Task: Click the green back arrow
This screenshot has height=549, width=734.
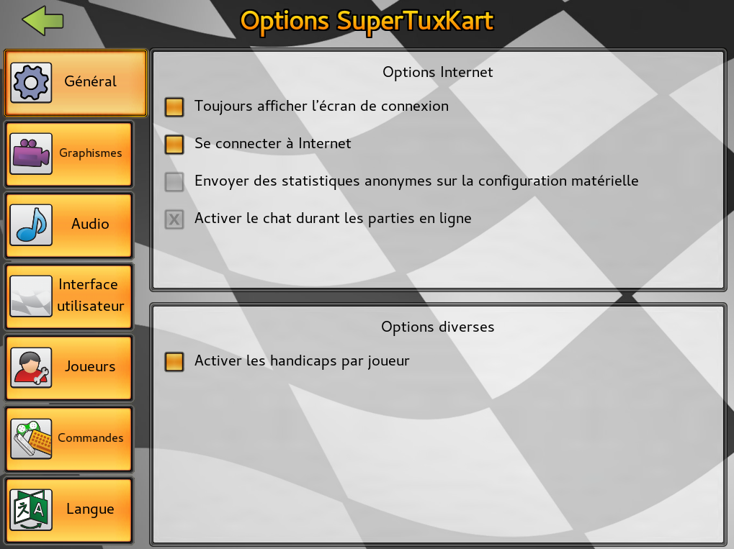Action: [42, 21]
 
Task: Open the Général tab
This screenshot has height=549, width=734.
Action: [76, 83]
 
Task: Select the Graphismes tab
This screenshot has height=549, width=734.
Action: [69, 154]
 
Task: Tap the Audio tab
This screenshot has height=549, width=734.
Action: [69, 225]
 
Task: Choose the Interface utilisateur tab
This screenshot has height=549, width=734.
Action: [69, 296]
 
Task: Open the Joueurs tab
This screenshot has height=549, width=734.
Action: [69, 367]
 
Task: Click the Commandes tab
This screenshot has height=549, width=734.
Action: [69, 439]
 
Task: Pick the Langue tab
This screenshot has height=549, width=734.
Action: [69, 509]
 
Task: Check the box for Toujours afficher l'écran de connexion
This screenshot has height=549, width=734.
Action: [174, 106]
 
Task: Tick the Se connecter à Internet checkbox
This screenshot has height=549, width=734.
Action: [174, 144]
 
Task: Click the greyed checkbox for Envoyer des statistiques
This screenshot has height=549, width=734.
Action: [174, 181]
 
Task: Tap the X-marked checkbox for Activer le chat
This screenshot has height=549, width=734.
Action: [174, 219]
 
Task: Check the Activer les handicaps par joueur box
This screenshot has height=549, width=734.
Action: [174, 361]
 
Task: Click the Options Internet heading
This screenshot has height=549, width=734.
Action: [438, 72]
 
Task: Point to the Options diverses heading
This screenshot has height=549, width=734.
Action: [438, 327]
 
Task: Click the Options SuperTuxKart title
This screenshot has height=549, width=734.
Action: [367, 21]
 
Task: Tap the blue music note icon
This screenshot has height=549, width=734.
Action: [31, 225]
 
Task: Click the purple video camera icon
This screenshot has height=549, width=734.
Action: [31, 153]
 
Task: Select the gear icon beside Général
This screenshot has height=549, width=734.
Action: [31, 83]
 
